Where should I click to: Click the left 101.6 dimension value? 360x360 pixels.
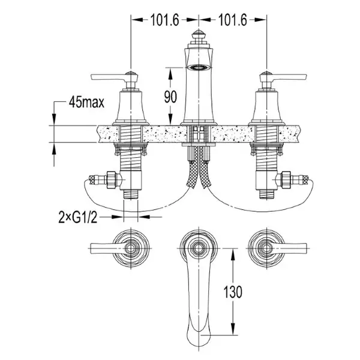(x=164, y=20)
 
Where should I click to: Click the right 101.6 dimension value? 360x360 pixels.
(x=233, y=20)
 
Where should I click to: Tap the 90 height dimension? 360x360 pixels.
(x=170, y=97)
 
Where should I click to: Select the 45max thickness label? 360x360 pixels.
(x=86, y=102)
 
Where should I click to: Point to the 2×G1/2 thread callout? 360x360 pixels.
(x=78, y=217)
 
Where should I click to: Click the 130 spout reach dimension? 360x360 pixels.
(x=233, y=292)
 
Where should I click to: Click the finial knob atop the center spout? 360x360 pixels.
(x=199, y=36)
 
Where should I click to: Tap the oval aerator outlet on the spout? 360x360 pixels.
(x=199, y=67)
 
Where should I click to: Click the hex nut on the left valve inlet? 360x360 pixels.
(x=112, y=179)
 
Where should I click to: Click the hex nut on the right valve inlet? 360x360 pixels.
(x=286, y=179)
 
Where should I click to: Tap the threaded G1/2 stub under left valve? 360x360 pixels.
(x=130, y=194)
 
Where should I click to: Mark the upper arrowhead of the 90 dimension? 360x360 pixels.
(x=170, y=74)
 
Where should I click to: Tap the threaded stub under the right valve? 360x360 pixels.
(x=266, y=194)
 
